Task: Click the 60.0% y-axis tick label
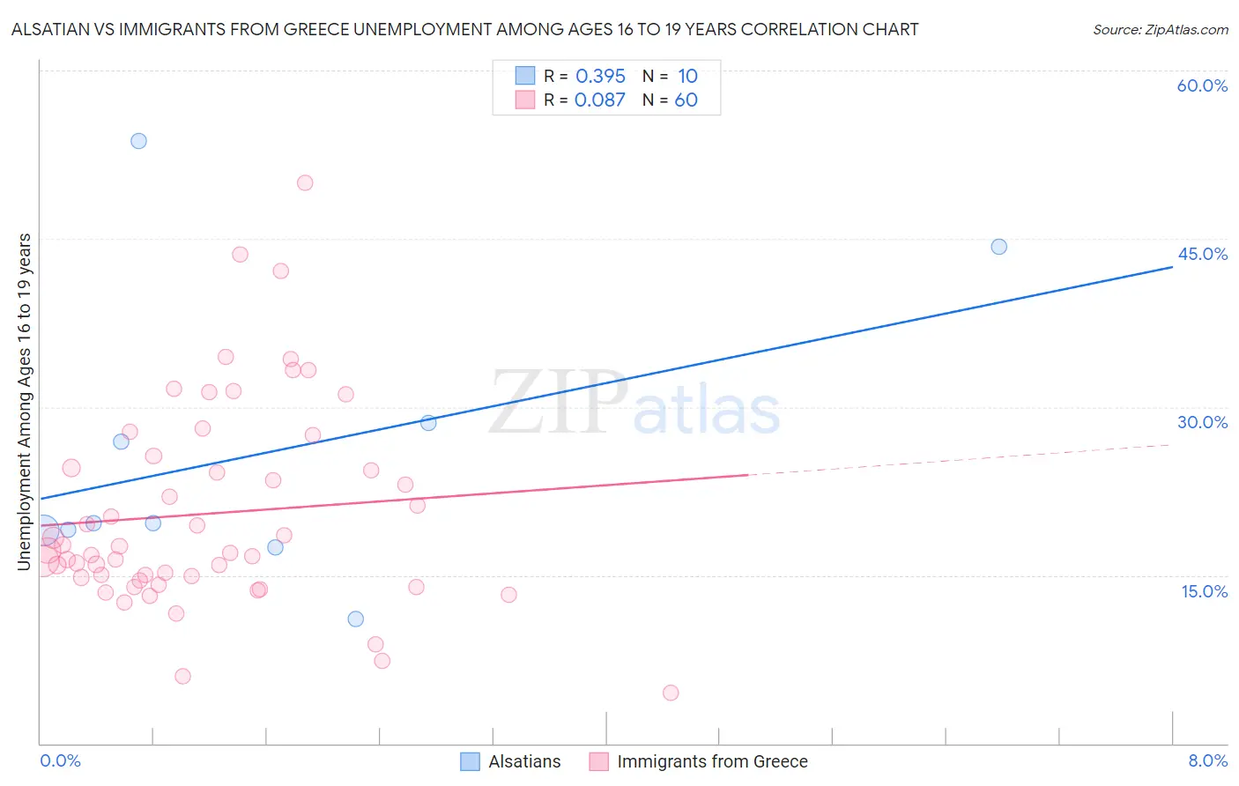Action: coord(1202,85)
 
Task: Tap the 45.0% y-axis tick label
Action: coord(1202,254)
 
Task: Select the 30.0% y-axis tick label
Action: coord(1202,422)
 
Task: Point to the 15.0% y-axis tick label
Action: coord(1204,591)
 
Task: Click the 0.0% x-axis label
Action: coord(60,760)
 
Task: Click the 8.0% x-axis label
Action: coord(1207,760)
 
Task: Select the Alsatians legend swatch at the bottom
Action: coord(471,761)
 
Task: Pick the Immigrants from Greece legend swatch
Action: coord(599,761)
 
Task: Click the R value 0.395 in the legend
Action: coord(600,77)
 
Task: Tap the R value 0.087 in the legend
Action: coord(599,100)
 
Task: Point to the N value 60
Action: coord(686,100)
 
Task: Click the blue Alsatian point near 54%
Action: coord(138,141)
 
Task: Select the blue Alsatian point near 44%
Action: coord(998,247)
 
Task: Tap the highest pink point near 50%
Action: coord(305,183)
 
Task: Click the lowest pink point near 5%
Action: coord(671,693)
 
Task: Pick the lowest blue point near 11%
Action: coord(355,619)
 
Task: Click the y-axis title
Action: coord(25,401)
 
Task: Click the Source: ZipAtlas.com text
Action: coord(1160,30)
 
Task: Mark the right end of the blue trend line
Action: coord(1172,266)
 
